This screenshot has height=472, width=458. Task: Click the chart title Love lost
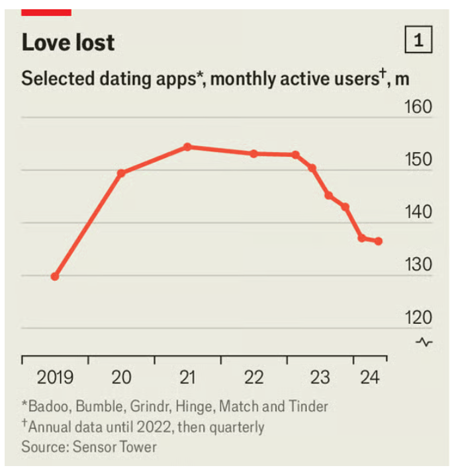tap(68, 43)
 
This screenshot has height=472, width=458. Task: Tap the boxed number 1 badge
tap(418, 41)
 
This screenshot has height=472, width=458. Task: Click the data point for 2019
tap(55, 276)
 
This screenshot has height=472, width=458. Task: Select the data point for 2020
tap(121, 173)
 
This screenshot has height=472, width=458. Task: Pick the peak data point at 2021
tap(188, 147)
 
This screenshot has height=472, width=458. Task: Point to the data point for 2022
tap(253, 153)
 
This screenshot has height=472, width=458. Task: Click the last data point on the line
tap(378, 241)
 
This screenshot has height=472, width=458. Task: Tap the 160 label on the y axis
tap(418, 108)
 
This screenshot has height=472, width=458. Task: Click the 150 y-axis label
tap(418, 160)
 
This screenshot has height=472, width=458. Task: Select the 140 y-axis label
tap(418, 212)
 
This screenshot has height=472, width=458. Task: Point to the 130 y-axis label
tap(418, 264)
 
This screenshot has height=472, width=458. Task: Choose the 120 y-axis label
tap(418, 317)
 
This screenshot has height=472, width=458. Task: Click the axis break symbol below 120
tap(424, 342)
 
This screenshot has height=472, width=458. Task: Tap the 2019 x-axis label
tap(55, 378)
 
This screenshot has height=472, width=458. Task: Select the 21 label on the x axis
tap(188, 378)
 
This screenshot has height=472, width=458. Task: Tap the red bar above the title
tap(46, 12)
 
